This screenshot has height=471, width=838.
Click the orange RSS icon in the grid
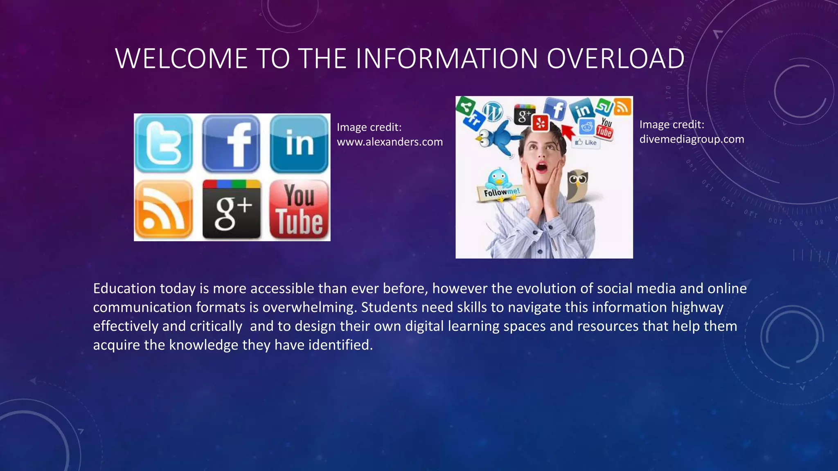pos(164,210)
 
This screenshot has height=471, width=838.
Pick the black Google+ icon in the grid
pos(232,210)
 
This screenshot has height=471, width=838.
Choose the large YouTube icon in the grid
pos(300,210)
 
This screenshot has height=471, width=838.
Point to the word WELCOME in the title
pos(181,58)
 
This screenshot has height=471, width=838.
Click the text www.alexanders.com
pos(390,142)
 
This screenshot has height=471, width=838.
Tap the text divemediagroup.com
pos(692,139)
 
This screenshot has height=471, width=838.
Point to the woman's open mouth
pos(541,167)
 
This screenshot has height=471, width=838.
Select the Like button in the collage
pos(586,142)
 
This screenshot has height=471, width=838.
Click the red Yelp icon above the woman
pos(540,123)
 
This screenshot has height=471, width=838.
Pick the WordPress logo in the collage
pos(493,111)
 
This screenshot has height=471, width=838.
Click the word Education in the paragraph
pos(124,289)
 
